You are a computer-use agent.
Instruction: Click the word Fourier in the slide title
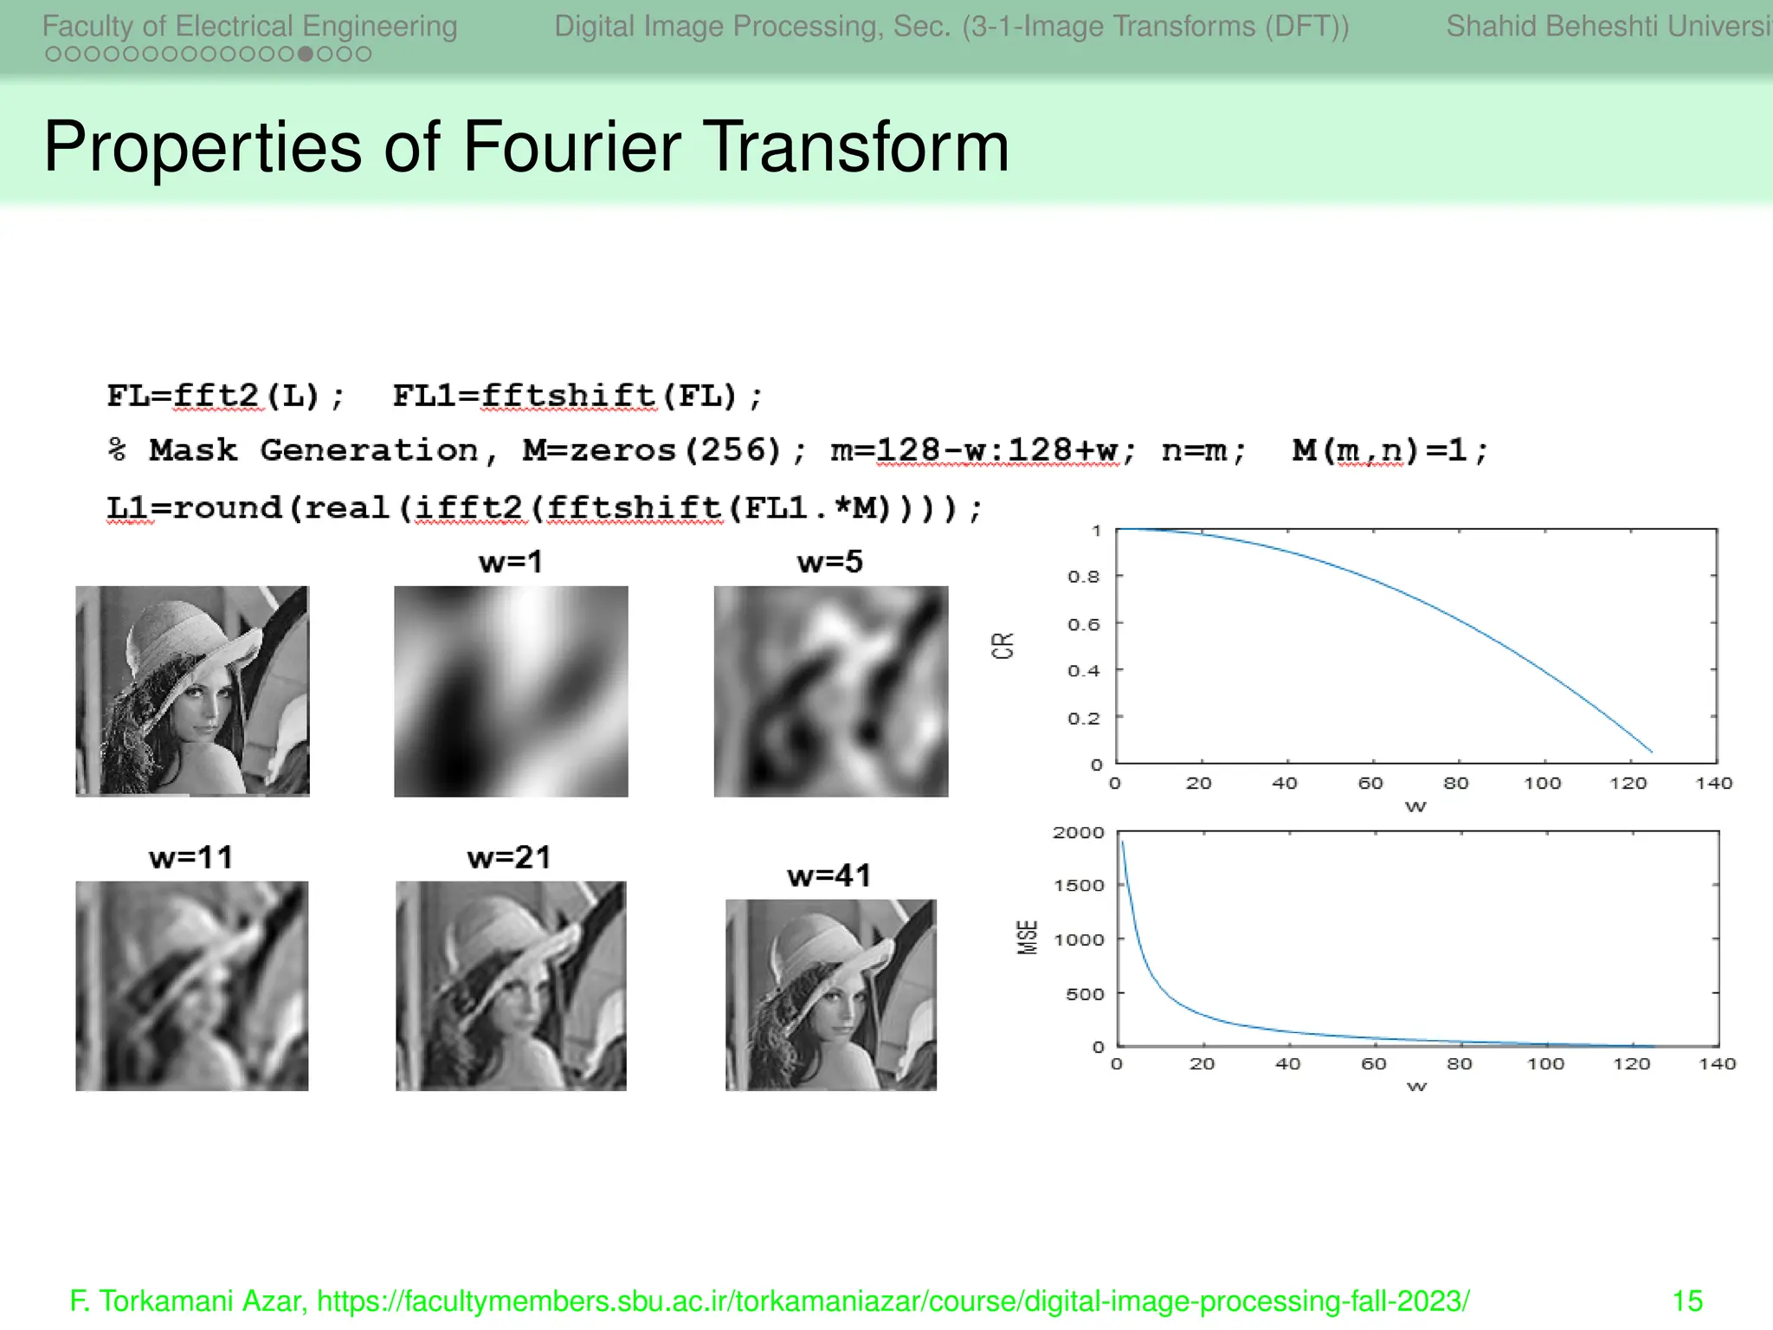tap(572, 147)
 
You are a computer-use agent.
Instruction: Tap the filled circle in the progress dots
tap(306, 55)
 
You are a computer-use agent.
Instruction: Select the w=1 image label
tap(511, 562)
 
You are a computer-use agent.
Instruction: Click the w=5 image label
tap(829, 562)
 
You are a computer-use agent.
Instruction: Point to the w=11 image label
tap(191, 857)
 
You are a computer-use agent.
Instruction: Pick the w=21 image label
tap(509, 857)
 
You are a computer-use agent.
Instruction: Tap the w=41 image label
tap(828, 875)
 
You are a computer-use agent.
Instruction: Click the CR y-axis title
tap(1003, 646)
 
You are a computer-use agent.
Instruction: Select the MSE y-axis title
tap(1027, 938)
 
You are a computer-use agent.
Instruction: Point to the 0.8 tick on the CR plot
tap(1083, 577)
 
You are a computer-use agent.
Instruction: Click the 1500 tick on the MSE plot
tap(1079, 886)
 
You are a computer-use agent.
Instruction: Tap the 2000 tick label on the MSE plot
tap(1079, 833)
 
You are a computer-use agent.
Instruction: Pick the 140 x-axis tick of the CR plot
tap(1713, 784)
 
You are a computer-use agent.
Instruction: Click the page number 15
tap(1687, 1301)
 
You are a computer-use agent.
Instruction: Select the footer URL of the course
tap(893, 1301)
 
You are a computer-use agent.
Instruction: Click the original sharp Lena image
tap(192, 691)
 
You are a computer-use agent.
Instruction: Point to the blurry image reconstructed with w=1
tap(511, 691)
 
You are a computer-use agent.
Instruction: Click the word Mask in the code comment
tap(192, 450)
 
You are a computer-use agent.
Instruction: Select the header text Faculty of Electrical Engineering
tap(249, 26)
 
